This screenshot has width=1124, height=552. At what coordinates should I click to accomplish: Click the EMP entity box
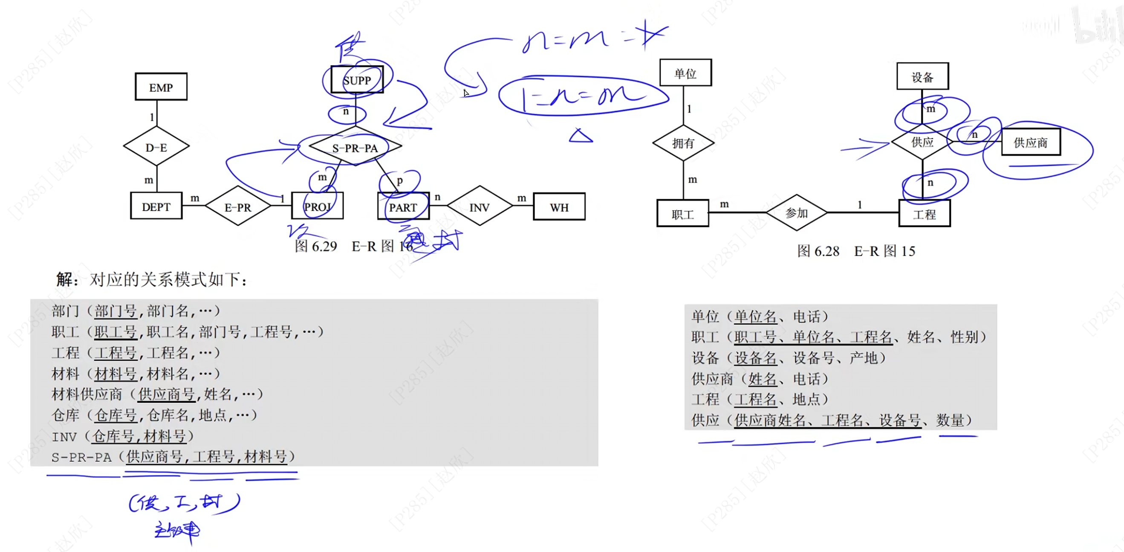[x=161, y=87]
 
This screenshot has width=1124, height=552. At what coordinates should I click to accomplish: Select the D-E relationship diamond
[x=156, y=147]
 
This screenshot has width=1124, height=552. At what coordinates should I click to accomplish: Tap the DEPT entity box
[x=156, y=206]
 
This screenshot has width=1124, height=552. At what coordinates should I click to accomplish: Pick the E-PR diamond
[x=238, y=206]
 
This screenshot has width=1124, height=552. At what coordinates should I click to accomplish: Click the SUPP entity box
[x=357, y=80]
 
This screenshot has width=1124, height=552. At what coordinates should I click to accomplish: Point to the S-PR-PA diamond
[x=355, y=147]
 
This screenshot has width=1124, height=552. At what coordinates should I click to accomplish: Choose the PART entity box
[x=403, y=206]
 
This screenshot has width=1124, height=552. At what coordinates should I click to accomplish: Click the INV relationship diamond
[x=480, y=206]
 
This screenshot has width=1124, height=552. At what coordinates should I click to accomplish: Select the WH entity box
[x=559, y=206]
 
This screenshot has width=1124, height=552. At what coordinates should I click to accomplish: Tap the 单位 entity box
[x=685, y=73]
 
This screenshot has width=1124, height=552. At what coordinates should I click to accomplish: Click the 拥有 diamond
[x=683, y=143]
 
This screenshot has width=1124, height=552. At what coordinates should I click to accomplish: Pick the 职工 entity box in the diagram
[x=683, y=214]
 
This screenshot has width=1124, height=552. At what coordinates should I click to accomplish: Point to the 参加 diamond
[x=797, y=213]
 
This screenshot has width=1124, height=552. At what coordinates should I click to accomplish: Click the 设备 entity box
[x=922, y=77]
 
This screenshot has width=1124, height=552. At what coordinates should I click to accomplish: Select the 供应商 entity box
[x=1031, y=142]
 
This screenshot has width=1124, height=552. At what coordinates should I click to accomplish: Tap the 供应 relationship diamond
[x=922, y=142]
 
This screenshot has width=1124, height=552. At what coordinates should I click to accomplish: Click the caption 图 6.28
[x=818, y=251]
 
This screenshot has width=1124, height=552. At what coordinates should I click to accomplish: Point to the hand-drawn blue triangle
[x=581, y=136]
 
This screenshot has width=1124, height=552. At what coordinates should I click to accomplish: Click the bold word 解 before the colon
[x=64, y=279]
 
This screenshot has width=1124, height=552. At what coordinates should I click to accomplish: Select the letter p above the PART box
[x=400, y=180]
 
